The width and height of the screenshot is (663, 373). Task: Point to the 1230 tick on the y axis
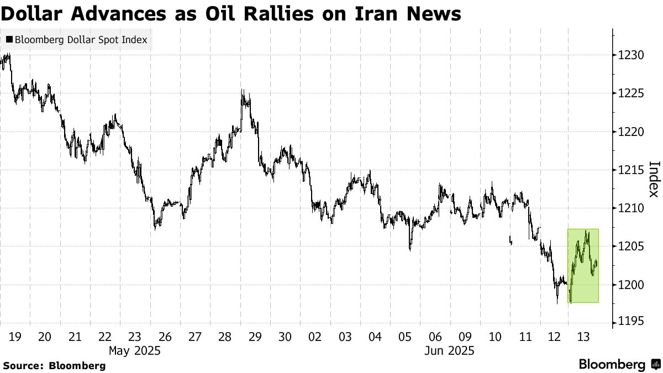point(631,55)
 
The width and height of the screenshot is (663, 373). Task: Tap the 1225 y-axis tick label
point(631,93)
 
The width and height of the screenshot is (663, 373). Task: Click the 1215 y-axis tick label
point(631,170)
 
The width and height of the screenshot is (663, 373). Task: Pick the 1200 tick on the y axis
point(631,285)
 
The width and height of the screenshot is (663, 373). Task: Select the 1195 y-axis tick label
point(631,323)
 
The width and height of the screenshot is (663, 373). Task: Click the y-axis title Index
point(654,178)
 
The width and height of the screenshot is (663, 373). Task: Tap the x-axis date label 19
point(15,337)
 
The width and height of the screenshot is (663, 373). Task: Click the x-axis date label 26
point(165,337)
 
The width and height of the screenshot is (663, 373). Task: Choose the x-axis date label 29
point(255,337)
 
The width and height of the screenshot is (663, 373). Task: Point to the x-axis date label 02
point(315,337)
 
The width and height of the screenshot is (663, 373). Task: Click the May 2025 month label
point(134,351)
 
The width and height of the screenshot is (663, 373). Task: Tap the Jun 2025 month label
point(450,351)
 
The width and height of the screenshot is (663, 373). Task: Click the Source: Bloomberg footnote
point(54,365)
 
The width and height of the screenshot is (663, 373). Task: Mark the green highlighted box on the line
point(583,265)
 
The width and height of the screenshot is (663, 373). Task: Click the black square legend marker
point(9,40)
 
